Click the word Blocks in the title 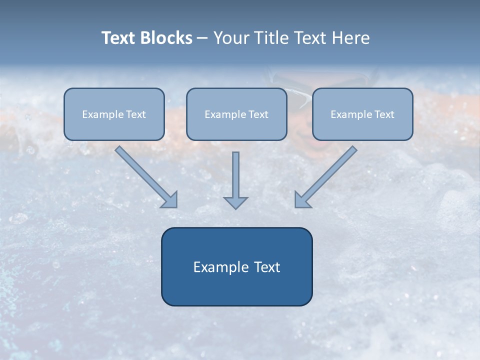[x=166, y=37]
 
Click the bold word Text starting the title [x=118, y=37]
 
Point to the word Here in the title [x=351, y=37]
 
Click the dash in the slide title [x=202, y=38]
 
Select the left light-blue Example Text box [x=114, y=114]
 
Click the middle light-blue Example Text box [x=236, y=114]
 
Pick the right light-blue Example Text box [x=363, y=114]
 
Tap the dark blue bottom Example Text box [x=237, y=266]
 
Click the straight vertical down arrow [x=235, y=180]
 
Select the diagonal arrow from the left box [x=146, y=177]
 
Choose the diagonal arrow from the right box [x=325, y=177]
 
